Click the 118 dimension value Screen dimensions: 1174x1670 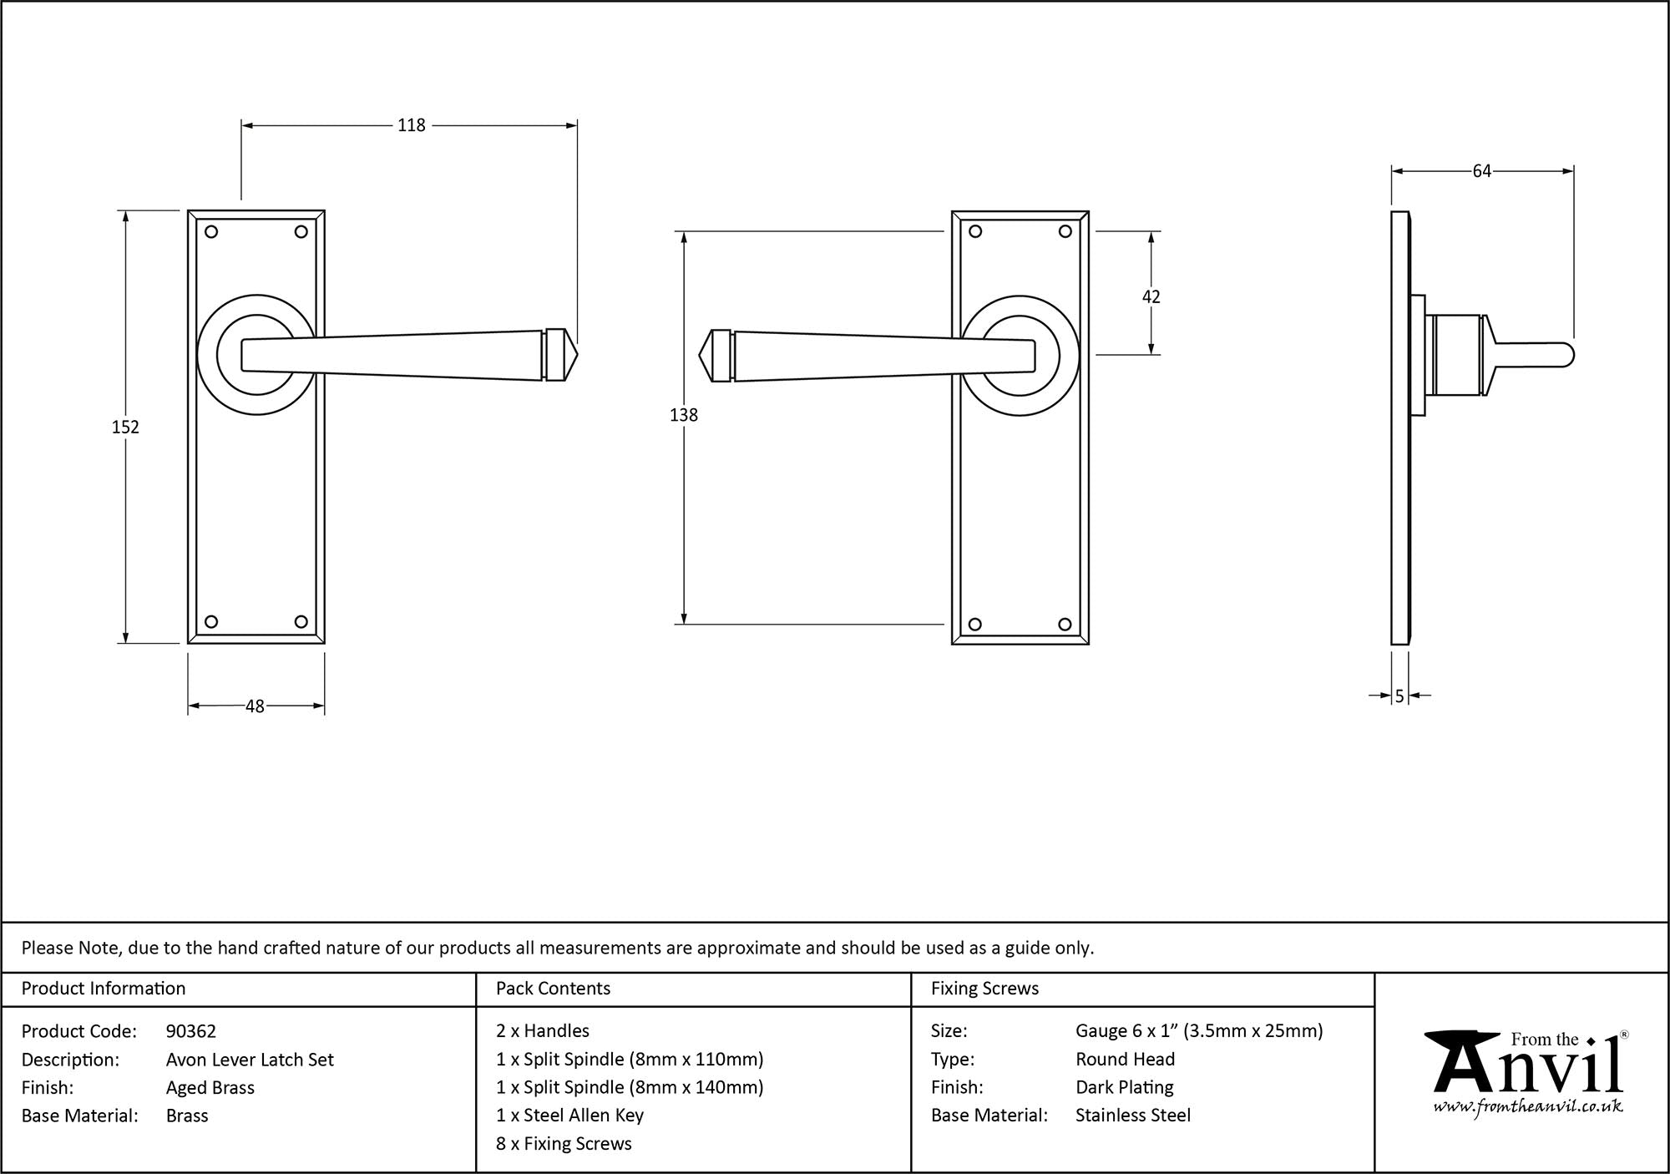pyautogui.click(x=411, y=125)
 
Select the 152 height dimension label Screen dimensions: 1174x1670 pyautogui.click(x=125, y=427)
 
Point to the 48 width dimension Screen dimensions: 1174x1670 pyautogui.click(x=255, y=706)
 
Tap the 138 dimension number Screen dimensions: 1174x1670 pyautogui.click(x=683, y=414)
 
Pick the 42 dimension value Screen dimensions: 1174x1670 pyautogui.click(x=1151, y=296)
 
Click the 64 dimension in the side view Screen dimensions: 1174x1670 pyautogui.click(x=1481, y=171)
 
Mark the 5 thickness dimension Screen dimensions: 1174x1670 pyautogui.click(x=1399, y=696)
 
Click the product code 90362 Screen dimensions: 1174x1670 pyautogui.click(x=191, y=1031)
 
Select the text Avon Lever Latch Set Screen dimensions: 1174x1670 pyautogui.click(x=250, y=1060)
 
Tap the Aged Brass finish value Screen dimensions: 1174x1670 pyautogui.click(x=210, y=1087)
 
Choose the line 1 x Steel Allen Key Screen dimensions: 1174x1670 pyautogui.click(x=569, y=1116)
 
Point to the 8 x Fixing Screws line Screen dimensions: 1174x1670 pyautogui.click(x=564, y=1144)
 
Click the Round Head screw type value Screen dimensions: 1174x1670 pyautogui.click(x=1125, y=1060)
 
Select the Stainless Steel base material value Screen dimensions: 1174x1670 pyautogui.click(x=1133, y=1116)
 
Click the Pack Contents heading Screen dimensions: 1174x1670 pyautogui.click(x=553, y=989)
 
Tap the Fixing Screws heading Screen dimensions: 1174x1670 pyautogui.click(x=984, y=989)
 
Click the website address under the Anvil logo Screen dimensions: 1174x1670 pyautogui.click(x=1528, y=1107)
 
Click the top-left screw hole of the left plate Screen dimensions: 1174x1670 pyautogui.click(x=211, y=232)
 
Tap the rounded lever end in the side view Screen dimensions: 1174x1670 pyautogui.click(x=1566, y=355)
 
